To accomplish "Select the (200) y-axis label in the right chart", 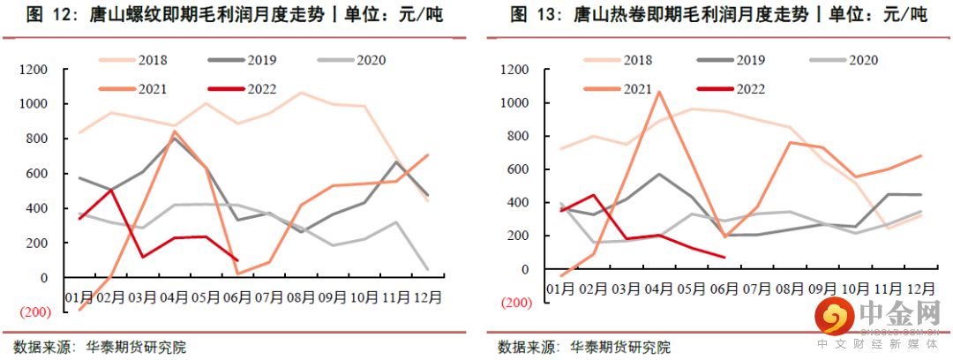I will point(514,302).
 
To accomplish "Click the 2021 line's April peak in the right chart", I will point(658,91).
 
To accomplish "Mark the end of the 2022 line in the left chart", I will point(237,260).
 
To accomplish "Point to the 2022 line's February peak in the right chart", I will point(594,195).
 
